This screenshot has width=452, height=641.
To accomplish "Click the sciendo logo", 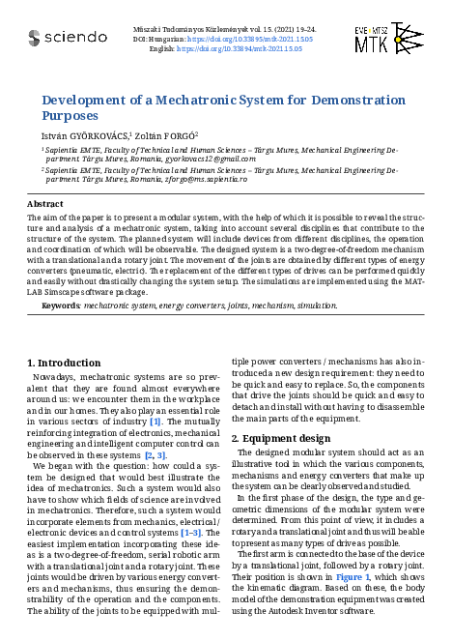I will pos(67,38).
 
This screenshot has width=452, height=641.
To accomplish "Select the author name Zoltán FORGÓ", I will pos(166,135).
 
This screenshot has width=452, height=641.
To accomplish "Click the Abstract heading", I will pos(44,204).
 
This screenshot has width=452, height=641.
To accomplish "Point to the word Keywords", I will pos(61,306).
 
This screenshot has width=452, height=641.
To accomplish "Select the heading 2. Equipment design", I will pos(281,438).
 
